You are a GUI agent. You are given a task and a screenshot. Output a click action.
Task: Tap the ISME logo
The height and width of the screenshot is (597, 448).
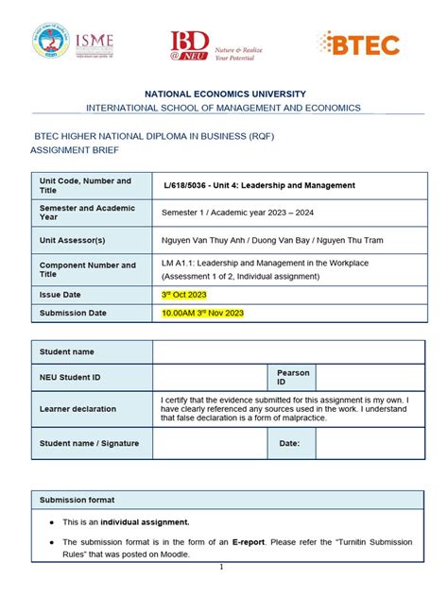95,43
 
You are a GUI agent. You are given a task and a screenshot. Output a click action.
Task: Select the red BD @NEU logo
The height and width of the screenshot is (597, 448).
189,45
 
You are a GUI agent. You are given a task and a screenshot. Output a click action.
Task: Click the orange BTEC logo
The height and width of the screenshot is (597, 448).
359,43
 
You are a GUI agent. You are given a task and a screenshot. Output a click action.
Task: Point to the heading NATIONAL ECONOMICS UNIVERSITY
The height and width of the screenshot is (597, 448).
224,94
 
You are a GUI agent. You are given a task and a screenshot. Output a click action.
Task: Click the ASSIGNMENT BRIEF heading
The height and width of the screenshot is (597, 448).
77,149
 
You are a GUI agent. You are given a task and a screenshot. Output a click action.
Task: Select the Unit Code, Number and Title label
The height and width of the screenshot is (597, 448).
85,185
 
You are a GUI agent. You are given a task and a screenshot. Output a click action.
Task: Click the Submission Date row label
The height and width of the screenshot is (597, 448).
73,313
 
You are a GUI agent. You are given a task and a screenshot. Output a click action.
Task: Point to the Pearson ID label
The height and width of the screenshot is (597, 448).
293,378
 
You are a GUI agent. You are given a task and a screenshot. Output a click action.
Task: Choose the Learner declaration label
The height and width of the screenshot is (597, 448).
78,409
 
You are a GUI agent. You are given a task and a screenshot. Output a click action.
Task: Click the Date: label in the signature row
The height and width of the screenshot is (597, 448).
289,442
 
